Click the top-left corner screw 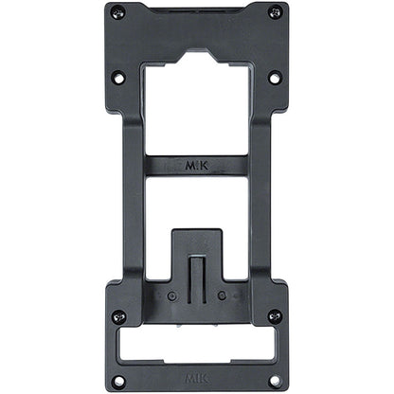117,12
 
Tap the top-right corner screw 275,12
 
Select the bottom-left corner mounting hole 117,381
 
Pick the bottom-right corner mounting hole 275,381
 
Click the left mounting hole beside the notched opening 117,77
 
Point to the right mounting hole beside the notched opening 275,77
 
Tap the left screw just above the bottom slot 117,315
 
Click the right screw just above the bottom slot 275,315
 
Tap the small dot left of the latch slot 170,295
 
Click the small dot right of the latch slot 222,295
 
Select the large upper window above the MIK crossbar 196,109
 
